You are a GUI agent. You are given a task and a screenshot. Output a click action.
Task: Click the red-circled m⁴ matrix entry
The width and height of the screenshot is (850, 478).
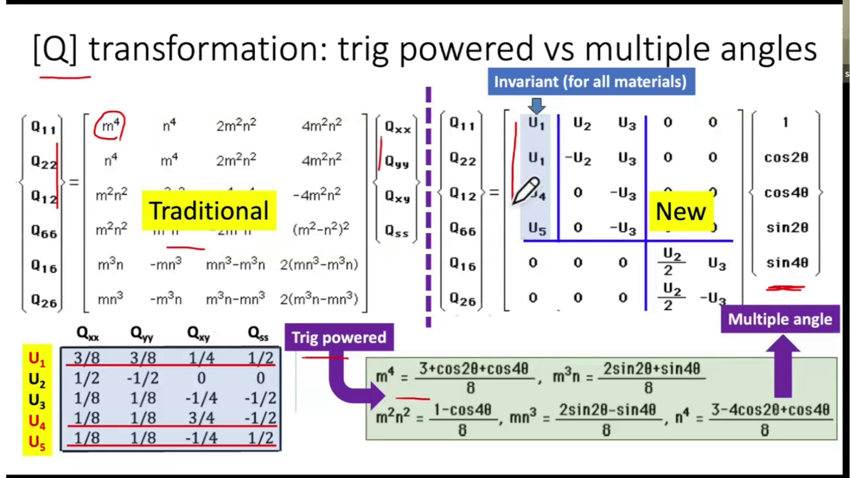pyautogui.click(x=110, y=126)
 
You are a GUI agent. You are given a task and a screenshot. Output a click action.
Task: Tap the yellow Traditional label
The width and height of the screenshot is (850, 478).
pyautogui.click(x=209, y=211)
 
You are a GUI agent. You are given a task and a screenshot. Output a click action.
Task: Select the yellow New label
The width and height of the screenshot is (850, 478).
pyautogui.click(x=680, y=211)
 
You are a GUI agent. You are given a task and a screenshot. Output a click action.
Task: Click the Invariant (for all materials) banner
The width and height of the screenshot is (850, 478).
pyautogui.click(x=591, y=82)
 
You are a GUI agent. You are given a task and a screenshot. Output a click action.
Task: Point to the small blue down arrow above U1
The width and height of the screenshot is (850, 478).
pyautogui.click(x=537, y=106)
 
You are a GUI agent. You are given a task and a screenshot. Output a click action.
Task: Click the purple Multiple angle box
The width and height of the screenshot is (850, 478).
pyautogui.click(x=780, y=319)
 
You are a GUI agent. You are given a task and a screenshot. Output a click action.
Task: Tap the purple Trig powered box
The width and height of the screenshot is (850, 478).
pyautogui.click(x=339, y=337)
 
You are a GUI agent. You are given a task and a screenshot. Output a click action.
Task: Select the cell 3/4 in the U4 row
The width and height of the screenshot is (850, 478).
pyautogui.click(x=201, y=418)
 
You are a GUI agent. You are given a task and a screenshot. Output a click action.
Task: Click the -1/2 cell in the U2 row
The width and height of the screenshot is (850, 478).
pyautogui.click(x=143, y=378)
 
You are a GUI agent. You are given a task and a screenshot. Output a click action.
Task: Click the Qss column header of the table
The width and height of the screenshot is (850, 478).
pyautogui.click(x=258, y=333)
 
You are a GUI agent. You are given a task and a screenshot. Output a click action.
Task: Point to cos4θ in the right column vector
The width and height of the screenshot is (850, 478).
pyautogui.click(x=786, y=193)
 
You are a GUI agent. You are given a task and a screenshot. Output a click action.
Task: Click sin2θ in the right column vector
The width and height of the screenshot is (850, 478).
pyautogui.click(x=787, y=228)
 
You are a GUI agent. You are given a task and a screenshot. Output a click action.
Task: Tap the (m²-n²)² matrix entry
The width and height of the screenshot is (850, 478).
pyautogui.click(x=321, y=229)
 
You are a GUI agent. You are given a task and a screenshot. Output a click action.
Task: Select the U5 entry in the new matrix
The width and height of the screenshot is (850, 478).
pyautogui.click(x=537, y=228)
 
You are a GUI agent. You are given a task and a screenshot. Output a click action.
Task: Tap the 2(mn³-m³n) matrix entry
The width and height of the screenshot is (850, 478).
pyautogui.click(x=319, y=265)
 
